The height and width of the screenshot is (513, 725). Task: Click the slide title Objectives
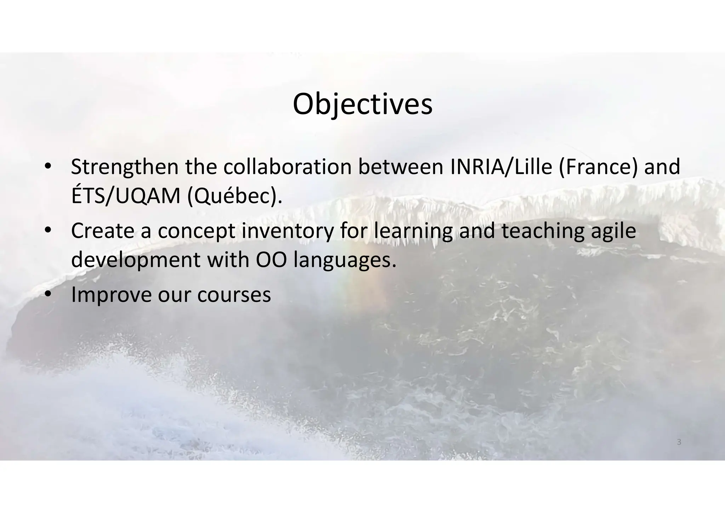(362, 105)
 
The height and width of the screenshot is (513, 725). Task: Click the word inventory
(287, 231)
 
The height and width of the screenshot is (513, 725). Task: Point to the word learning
(413, 231)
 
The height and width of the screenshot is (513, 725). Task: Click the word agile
(613, 231)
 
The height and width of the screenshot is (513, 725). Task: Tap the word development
(136, 260)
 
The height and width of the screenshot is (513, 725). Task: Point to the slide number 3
(679, 442)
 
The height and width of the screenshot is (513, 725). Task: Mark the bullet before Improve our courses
(48, 294)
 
